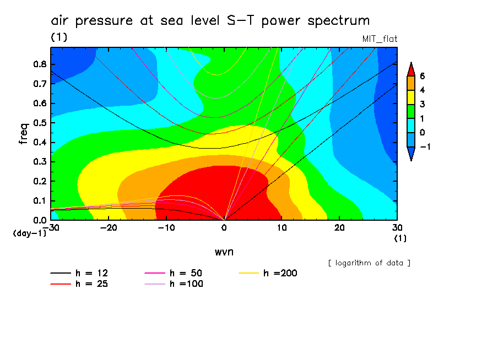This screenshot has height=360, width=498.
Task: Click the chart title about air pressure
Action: pos(210,21)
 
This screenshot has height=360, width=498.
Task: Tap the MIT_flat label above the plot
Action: pos(380,39)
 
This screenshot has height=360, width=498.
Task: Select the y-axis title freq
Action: pos(23,133)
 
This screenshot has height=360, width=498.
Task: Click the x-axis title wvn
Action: pos(224,252)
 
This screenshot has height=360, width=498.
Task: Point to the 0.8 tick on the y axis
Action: pos(40,64)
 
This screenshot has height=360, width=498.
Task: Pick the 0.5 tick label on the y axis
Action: pos(40,123)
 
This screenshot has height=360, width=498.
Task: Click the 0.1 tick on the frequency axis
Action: pos(40,201)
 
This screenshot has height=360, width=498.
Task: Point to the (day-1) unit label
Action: pos(29,233)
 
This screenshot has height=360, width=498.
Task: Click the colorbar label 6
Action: pos(422,75)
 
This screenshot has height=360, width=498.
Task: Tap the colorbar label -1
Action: pos(424,146)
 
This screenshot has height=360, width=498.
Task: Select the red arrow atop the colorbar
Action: pos(411,69)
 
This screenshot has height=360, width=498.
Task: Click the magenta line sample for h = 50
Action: pos(154,273)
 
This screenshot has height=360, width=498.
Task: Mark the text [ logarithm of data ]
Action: pos(369,263)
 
